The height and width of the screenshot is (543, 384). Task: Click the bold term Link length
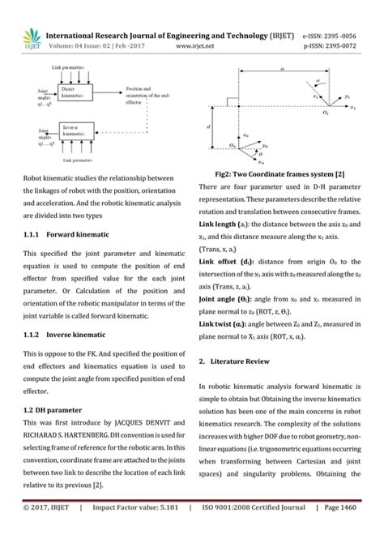(x=221, y=223)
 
